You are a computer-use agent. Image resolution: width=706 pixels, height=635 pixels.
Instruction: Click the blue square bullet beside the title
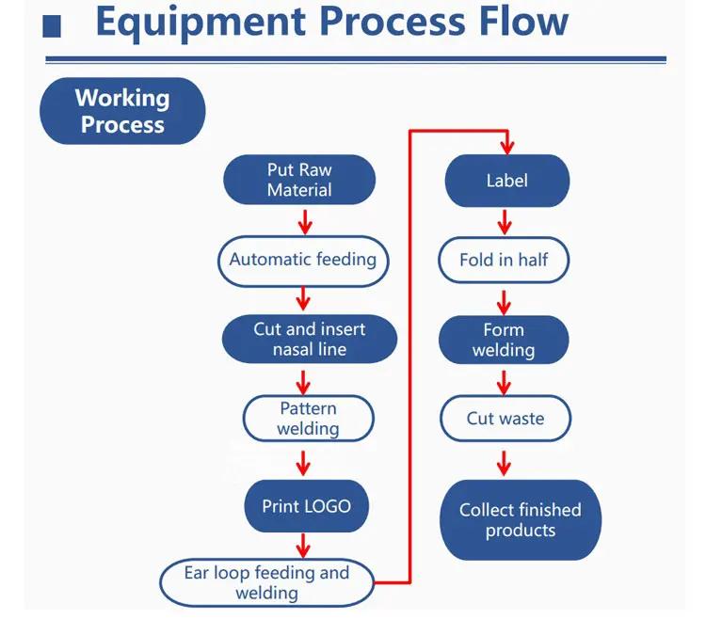[52, 26]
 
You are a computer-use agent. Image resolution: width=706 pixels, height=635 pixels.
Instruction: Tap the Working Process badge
[122, 111]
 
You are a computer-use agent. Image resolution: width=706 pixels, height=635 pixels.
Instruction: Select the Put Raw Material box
[299, 180]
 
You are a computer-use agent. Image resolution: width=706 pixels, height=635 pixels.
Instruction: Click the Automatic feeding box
[303, 261]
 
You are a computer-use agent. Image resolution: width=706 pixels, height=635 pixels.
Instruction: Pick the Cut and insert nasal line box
[310, 339]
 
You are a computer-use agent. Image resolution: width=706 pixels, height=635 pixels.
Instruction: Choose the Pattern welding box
[309, 418]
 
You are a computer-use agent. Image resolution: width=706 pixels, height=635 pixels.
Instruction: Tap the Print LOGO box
[307, 506]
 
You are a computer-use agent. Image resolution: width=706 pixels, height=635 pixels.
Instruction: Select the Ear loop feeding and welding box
[267, 583]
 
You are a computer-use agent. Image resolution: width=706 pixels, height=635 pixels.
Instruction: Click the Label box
[507, 181]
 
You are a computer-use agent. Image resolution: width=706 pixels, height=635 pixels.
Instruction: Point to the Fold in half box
[504, 261]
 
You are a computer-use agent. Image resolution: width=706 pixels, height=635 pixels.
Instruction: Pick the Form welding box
[504, 340]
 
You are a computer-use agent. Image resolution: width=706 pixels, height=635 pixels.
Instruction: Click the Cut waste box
[505, 419]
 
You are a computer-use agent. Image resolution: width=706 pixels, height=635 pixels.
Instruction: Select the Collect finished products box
[521, 520]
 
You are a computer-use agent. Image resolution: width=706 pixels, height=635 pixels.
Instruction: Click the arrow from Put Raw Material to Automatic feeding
[305, 222]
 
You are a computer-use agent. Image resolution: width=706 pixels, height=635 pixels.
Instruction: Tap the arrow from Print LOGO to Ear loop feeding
[303, 546]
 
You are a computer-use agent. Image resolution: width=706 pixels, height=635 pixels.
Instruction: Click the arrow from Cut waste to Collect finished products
[504, 463]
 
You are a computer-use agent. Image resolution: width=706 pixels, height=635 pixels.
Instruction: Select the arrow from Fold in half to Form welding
[504, 302]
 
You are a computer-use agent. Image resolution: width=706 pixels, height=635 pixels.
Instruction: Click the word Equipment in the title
[201, 23]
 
